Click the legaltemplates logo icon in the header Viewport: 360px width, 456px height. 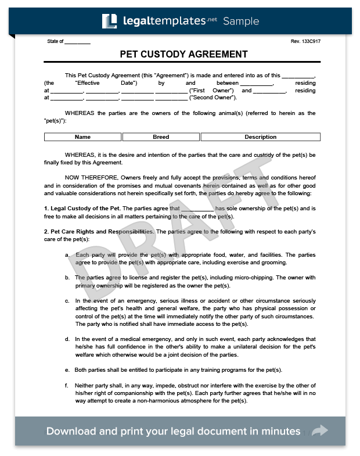coord(109,21)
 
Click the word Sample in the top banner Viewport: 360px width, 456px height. coord(241,21)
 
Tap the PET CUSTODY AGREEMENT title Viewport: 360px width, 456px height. coord(183,54)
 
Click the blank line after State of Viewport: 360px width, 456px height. coord(77,42)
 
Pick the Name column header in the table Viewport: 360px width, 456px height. coord(82,137)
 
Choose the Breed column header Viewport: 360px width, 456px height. coord(161,137)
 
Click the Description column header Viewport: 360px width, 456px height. coord(260,137)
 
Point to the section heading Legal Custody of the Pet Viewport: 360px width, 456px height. coord(82,208)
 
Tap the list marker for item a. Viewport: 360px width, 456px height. coord(67,254)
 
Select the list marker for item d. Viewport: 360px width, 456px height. coord(67,339)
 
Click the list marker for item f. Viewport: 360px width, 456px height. coord(67,385)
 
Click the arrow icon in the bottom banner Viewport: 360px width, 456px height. coord(320,431)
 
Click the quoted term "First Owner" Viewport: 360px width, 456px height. coord(215,91)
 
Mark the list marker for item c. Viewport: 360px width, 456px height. coord(67,301)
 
